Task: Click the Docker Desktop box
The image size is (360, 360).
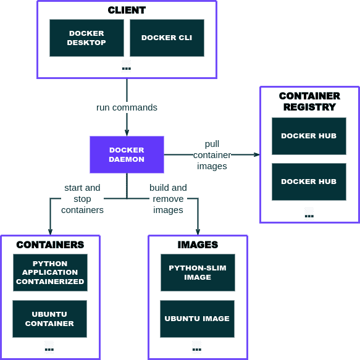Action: pos(86,38)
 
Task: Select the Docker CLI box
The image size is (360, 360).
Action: pos(167,38)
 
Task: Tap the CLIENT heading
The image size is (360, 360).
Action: pos(127,10)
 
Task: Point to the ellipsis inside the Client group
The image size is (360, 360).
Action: pos(127,68)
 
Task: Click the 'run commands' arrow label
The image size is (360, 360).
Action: pos(127,107)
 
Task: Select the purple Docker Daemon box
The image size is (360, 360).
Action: pos(127,154)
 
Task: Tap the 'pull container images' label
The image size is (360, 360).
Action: pos(212,155)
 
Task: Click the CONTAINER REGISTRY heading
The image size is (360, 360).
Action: pos(309,101)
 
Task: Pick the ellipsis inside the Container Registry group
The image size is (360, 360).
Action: pos(309,216)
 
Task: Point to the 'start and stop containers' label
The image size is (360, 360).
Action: pos(82,199)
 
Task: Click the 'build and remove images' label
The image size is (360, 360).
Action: pos(168,199)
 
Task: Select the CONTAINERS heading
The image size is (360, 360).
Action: pos(50,245)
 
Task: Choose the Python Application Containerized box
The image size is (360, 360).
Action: pos(50,272)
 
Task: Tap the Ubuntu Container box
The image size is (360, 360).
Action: pos(49,319)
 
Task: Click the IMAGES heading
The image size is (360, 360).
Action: pos(198,245)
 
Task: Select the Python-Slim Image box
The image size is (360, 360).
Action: pos(198,272)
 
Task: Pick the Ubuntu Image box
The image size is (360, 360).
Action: pos(197,319)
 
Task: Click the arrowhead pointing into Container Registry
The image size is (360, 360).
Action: pos(256,154)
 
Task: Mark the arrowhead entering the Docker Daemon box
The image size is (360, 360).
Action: pos(127,132)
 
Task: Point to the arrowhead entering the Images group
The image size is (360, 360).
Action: pos(198,231)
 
